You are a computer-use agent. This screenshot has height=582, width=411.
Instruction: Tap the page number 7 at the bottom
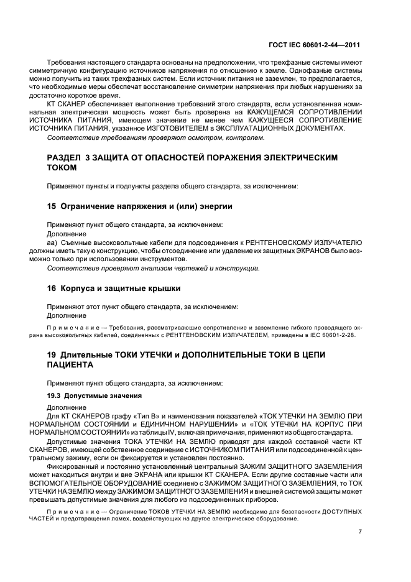[x=360, y=532]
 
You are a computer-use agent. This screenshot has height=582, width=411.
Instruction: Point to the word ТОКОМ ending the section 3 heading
[x=63, y=168]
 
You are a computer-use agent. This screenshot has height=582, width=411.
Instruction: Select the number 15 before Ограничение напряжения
[x=52, y=205]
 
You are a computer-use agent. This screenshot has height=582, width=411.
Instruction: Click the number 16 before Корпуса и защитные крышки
[x=52, y=289]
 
